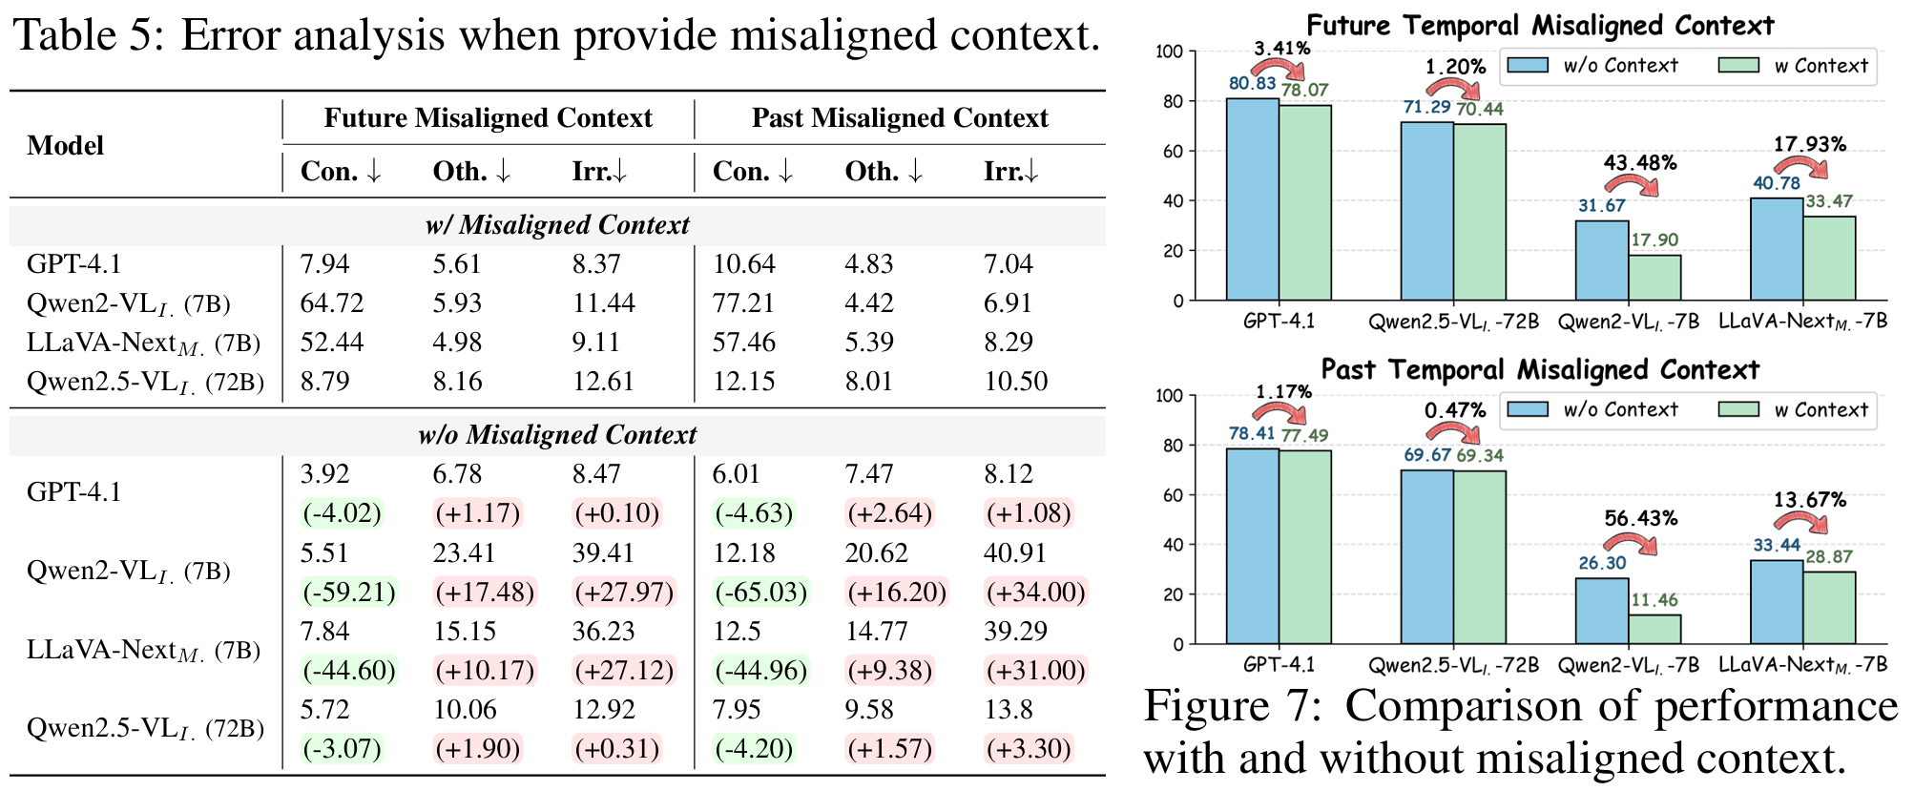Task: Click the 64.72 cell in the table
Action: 331,303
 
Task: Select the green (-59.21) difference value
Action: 348,593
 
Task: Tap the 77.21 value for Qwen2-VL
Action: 743,303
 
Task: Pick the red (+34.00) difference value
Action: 1035,593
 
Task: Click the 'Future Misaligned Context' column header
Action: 488,118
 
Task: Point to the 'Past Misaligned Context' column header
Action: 899,118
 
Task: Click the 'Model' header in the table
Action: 66,145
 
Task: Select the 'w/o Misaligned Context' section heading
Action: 557,435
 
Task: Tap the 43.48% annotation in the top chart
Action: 1639,163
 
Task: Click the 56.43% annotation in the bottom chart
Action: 1639,519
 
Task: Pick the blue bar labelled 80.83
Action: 1252,199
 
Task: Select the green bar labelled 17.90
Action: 1654,278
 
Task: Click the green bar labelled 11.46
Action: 1654,629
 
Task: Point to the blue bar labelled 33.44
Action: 1776,602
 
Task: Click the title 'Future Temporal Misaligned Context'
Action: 1539,26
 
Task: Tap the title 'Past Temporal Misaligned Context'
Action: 1539,370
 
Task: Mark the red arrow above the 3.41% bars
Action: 1279,69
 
